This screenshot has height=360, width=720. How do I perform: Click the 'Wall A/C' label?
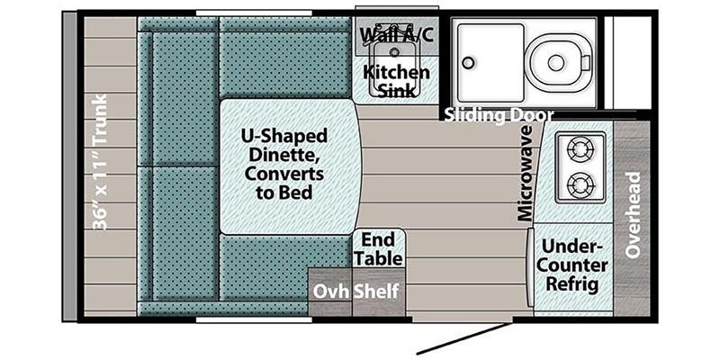click(397, 36)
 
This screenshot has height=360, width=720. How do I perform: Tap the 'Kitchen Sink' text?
click(396, 81)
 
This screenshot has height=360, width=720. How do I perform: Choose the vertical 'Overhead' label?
click(633, 214)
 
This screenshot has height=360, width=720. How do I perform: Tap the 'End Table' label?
click(378, 249)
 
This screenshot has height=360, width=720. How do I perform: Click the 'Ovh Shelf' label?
click(355, 292)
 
